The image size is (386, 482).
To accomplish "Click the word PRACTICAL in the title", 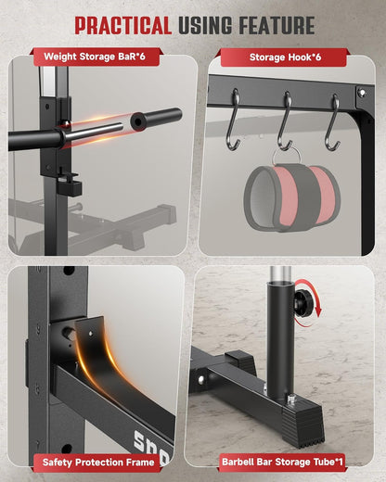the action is [x=123, y=25].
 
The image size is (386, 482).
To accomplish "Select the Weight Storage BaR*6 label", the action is [x=95, y=57].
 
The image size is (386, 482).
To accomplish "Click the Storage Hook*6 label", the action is [x=285, y=57].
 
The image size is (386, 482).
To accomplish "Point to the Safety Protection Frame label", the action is [x=98, y=463].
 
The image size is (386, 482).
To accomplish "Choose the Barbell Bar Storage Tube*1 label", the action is [x=282, y=462].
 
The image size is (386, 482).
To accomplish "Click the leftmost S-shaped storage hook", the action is [x=233, y=120].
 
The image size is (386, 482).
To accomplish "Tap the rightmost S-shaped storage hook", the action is [x=332, y=123].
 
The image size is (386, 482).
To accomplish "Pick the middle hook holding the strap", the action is [x=285, y=121].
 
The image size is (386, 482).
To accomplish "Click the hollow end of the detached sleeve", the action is [x=136, y=121].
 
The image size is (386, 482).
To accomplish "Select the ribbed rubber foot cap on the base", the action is [x=302, y=425].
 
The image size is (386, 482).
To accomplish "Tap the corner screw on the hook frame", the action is [x=362, y=93].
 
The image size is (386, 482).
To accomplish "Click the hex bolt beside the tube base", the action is [x=291, y=400].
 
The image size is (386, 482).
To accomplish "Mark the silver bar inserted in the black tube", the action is [x=281, y=273].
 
